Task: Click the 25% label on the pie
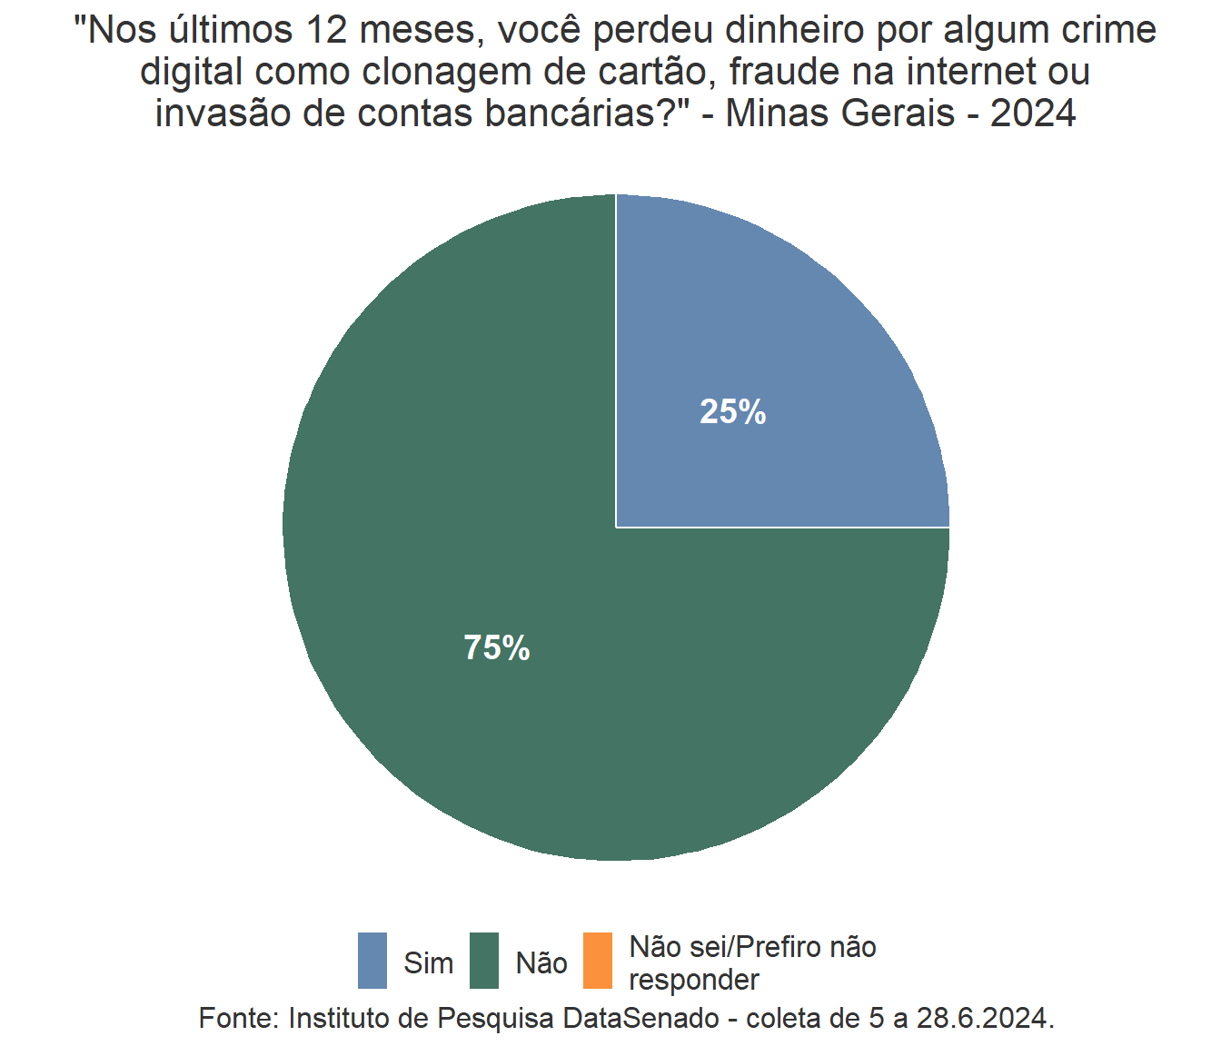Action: (x=732, y=412)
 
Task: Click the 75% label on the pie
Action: (x=497, y=648)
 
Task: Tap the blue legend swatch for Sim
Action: (x=372, y=961)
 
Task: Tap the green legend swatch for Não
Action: (x=484, y=961)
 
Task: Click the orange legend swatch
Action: (x=597, y=961)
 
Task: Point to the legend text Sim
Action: (x=428, y=962)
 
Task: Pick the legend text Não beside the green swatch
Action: (x=541, y=962)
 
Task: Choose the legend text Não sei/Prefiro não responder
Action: (x=752, y=963)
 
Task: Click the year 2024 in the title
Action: (x=1033, y=114)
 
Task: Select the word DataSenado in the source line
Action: (x=641, y=1018)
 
